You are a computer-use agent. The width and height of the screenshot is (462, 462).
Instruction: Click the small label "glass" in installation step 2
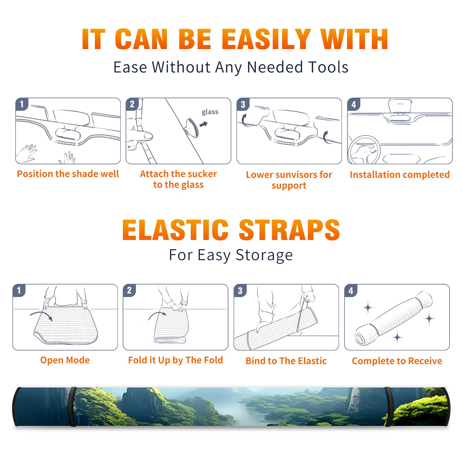[x=210, y=112]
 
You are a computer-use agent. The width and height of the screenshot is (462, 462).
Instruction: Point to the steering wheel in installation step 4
[x=364, y=150]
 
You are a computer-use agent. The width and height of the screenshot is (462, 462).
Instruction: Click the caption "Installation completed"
[x=400, y=175]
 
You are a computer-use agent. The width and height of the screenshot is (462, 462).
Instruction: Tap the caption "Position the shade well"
[x=68, y=174]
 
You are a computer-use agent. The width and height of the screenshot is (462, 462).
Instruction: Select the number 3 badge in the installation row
[x=243, y=104]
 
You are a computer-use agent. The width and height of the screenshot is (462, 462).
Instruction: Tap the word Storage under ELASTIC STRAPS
[x=264, y=255]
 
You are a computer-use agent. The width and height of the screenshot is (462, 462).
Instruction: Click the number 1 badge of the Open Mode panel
[x=19, y=290]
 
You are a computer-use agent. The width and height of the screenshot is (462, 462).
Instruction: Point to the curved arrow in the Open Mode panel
[x=41, y=314]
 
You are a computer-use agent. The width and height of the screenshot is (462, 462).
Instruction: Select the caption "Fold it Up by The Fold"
[x=176, y=360]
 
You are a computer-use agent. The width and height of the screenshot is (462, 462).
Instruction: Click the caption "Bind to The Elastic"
[x=286, y=361]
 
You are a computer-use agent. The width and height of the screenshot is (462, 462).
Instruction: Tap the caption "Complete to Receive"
[x=397, y=361]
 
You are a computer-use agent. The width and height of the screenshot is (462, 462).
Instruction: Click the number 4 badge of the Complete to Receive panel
[x=351, y=290]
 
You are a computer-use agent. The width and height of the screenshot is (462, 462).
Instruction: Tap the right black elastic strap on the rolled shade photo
[x=388, y=407]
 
